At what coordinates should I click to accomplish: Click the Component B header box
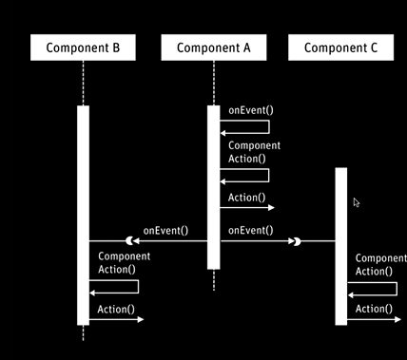click(83, 47)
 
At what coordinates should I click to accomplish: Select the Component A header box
click(214, 47)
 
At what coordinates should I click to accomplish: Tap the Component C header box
click(340, 47)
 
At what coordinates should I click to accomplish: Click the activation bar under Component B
click(83, 214)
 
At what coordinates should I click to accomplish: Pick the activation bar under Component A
click(214, 185)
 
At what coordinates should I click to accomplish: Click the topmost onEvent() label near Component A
click(246, 111)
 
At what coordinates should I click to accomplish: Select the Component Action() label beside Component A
click(254, 152)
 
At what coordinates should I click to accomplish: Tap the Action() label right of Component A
click(246, 198)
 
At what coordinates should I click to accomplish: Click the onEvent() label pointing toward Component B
click(165, 230)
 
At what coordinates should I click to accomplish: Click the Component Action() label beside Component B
click(124, 263)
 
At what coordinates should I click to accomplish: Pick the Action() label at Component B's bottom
click(116, 309)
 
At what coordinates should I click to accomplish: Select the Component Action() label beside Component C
click(380, 264)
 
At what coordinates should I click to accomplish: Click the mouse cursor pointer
click(357, 202)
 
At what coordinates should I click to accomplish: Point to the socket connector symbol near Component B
click(124, 242)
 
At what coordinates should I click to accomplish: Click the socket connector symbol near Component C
click(298, 242)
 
